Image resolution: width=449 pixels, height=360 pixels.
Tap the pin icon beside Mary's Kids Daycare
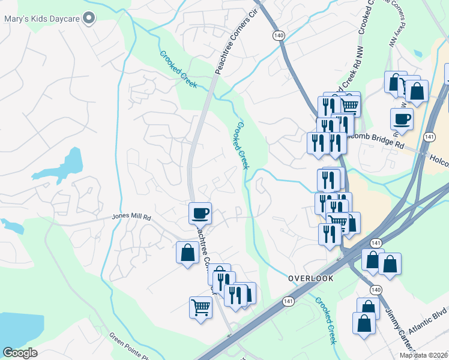[89, 18]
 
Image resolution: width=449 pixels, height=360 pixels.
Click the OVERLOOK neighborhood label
[310, 278]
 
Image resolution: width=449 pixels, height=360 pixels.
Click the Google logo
[20, 353]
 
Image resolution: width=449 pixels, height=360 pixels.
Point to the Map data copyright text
[424, 355]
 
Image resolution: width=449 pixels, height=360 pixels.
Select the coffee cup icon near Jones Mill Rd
[200, 212]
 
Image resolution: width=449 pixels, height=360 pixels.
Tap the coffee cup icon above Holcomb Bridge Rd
[402, 118]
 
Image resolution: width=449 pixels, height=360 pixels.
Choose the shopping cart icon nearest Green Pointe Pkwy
[200, 307]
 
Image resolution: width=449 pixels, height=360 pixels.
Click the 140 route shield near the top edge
[277, 36]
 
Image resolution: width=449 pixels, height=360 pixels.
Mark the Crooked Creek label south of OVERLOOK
[326, 320]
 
